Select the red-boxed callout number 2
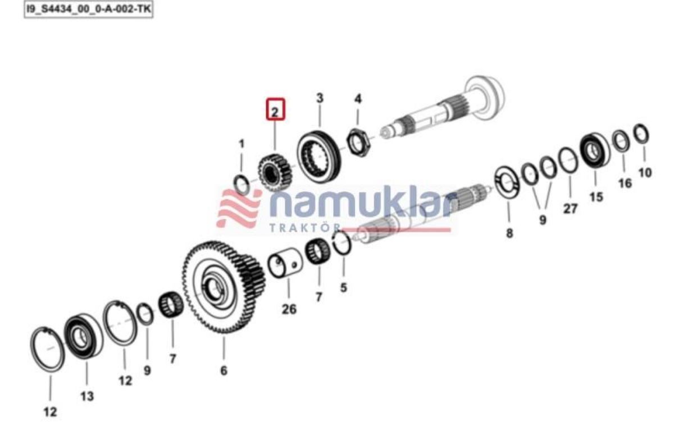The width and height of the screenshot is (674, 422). [x=275, y=110]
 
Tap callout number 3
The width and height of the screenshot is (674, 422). [x=320, y=98]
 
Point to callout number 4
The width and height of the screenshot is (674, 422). [x=358, y=99]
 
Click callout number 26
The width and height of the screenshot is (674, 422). [x=289, y=309]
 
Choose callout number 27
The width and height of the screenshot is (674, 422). [x=570, y=209]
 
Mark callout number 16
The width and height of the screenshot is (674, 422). [x=625, y=184]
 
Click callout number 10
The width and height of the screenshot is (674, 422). [x=645, y=172]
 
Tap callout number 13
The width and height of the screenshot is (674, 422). [x=87, y=396]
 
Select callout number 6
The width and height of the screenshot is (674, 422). [x=224, y=371]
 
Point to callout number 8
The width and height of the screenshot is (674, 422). [x=509, y=233]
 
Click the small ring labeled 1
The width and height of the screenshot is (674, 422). [x=242, y=185]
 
